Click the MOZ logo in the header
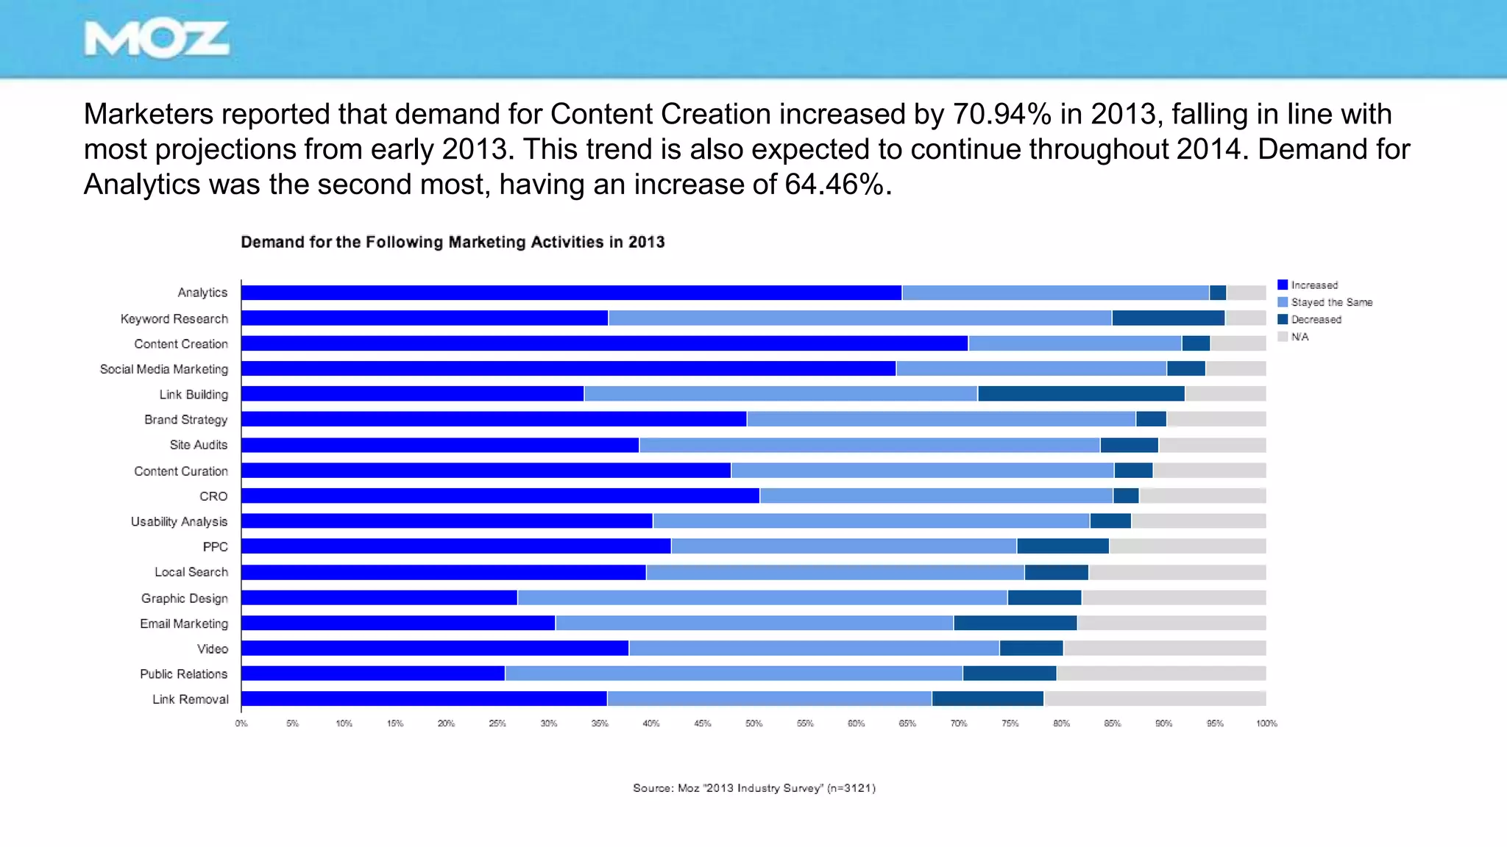point(156,40)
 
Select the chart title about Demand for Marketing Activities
point(453,243)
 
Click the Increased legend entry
point(1313,285)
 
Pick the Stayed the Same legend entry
point(1330,302)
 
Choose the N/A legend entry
point(1299,337)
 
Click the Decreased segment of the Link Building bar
point(1080,394)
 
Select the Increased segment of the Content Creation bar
point(603,344)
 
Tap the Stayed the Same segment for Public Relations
point(733,673)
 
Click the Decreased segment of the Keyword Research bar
point(1168,318)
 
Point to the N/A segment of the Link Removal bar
point(1154,698)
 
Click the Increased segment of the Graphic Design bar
point(379,598)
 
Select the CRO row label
point(213,496)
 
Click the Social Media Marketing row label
point(164,369)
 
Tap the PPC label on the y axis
point(215,547)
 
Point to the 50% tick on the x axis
point(753,723)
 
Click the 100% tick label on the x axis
point(1266,723)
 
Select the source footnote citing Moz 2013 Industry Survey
point(753,788)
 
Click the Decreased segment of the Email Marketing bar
point(1015,623)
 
